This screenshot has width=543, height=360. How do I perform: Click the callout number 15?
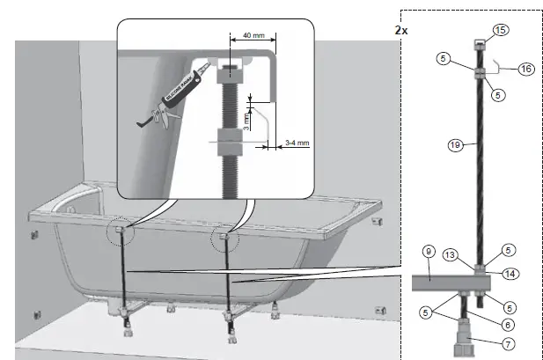(x=501, y=31)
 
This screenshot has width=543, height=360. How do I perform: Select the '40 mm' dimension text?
(x=251, y=36)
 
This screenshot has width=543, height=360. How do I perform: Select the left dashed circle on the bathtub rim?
(x=119, y=233)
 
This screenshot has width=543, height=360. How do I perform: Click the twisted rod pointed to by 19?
(x=476, y=167)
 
